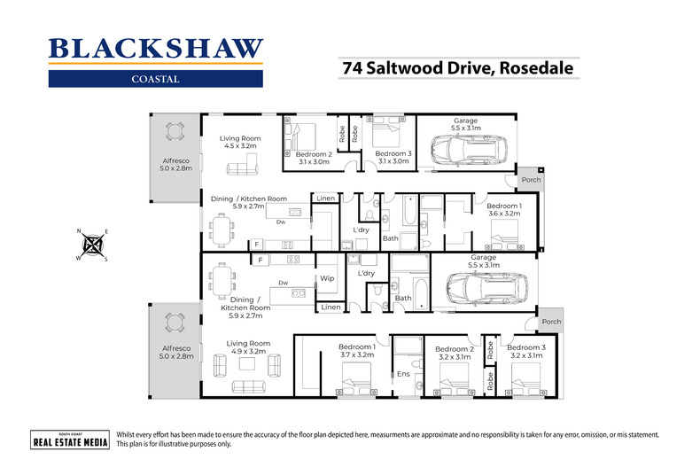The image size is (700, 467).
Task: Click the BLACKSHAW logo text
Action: (155, 49)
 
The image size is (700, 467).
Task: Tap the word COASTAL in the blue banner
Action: (155, 78)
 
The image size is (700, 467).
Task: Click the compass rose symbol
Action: (92, 245)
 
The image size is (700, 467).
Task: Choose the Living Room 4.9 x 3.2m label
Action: (247, 347)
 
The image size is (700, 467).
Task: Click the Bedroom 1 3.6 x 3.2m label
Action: (504, 210)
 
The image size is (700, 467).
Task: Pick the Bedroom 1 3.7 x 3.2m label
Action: (357, 352)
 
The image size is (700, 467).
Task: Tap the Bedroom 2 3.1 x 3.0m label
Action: (313, 157)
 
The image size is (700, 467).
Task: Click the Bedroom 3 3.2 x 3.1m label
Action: (525, 353)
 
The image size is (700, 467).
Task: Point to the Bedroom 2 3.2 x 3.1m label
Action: (454, 354)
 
